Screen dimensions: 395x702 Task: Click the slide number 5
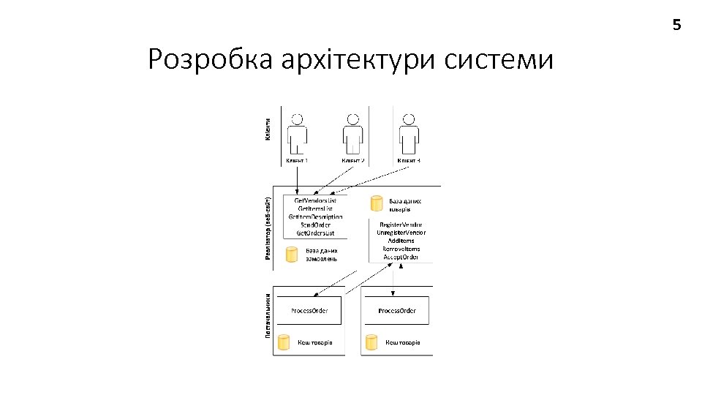[676, 26]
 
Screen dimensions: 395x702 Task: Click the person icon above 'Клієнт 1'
[297, 134]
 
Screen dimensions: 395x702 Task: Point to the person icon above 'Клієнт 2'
[352, 134]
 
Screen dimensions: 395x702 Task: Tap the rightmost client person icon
[409, 134]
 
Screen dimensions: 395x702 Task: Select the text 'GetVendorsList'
[315, 200]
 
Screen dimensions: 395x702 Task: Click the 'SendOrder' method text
[315, 225]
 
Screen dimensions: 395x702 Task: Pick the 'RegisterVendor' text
[401, 225]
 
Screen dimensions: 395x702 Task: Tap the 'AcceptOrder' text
[401, 257]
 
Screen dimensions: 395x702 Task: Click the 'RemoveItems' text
[401, 249]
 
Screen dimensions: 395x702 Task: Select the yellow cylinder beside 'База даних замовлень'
[292, 254]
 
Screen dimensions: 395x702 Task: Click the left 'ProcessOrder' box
[309, 311]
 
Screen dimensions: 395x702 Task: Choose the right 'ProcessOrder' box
[396, 311]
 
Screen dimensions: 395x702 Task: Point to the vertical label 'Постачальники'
[268, 316]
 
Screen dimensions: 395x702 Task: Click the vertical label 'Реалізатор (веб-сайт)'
[268, 227]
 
